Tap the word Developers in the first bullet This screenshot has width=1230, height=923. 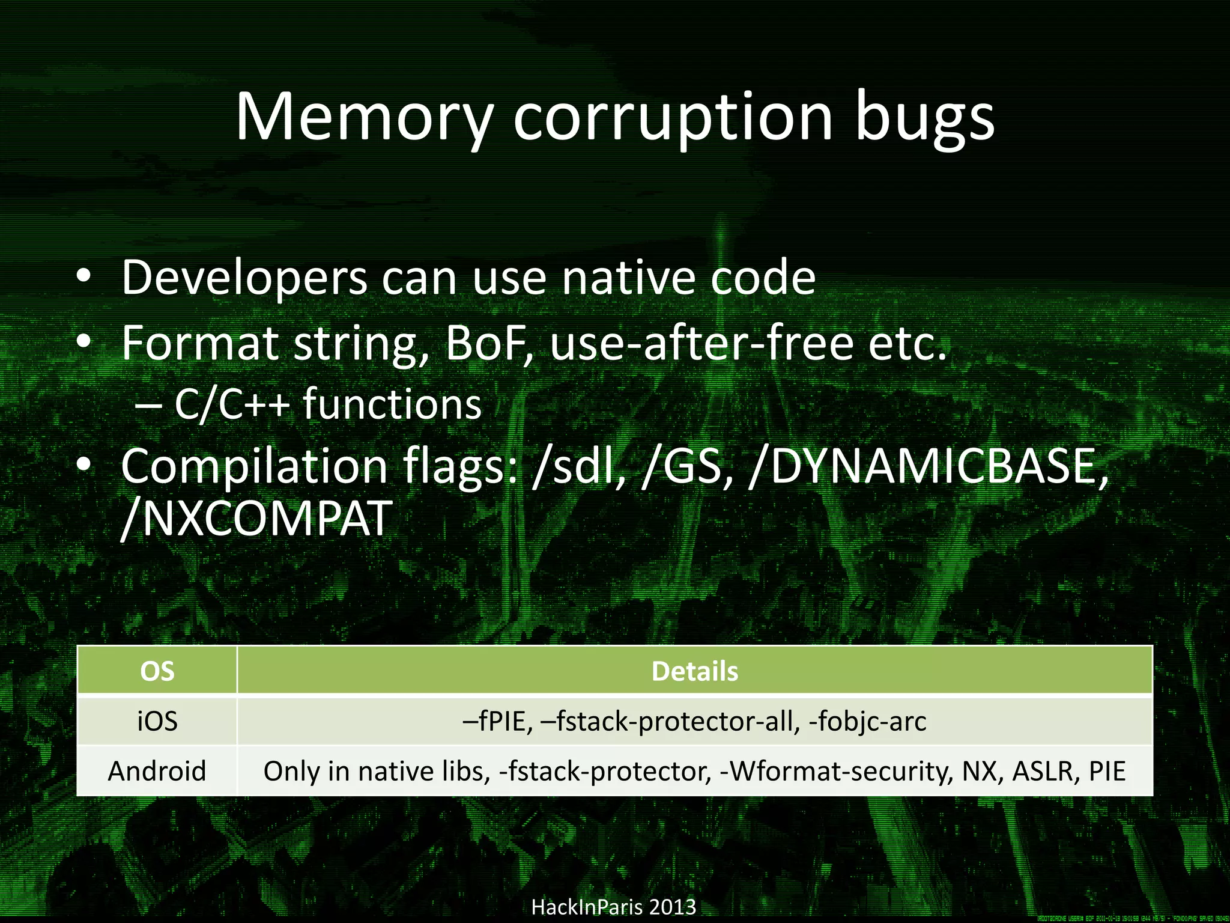[x=244, y=278]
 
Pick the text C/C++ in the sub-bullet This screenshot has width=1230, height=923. [x=232, y=404]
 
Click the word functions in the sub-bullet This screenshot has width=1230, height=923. [x=392, y=404]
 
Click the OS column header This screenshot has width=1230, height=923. [x=157, y=671]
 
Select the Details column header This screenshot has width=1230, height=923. [x=694, y=671]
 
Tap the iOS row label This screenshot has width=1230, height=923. [x=157, y=721]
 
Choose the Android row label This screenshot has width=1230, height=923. [x=157, y=771]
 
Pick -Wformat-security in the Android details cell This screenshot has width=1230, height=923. [x=835, y=771]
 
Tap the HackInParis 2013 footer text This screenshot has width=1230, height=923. [x=614, y=906]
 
